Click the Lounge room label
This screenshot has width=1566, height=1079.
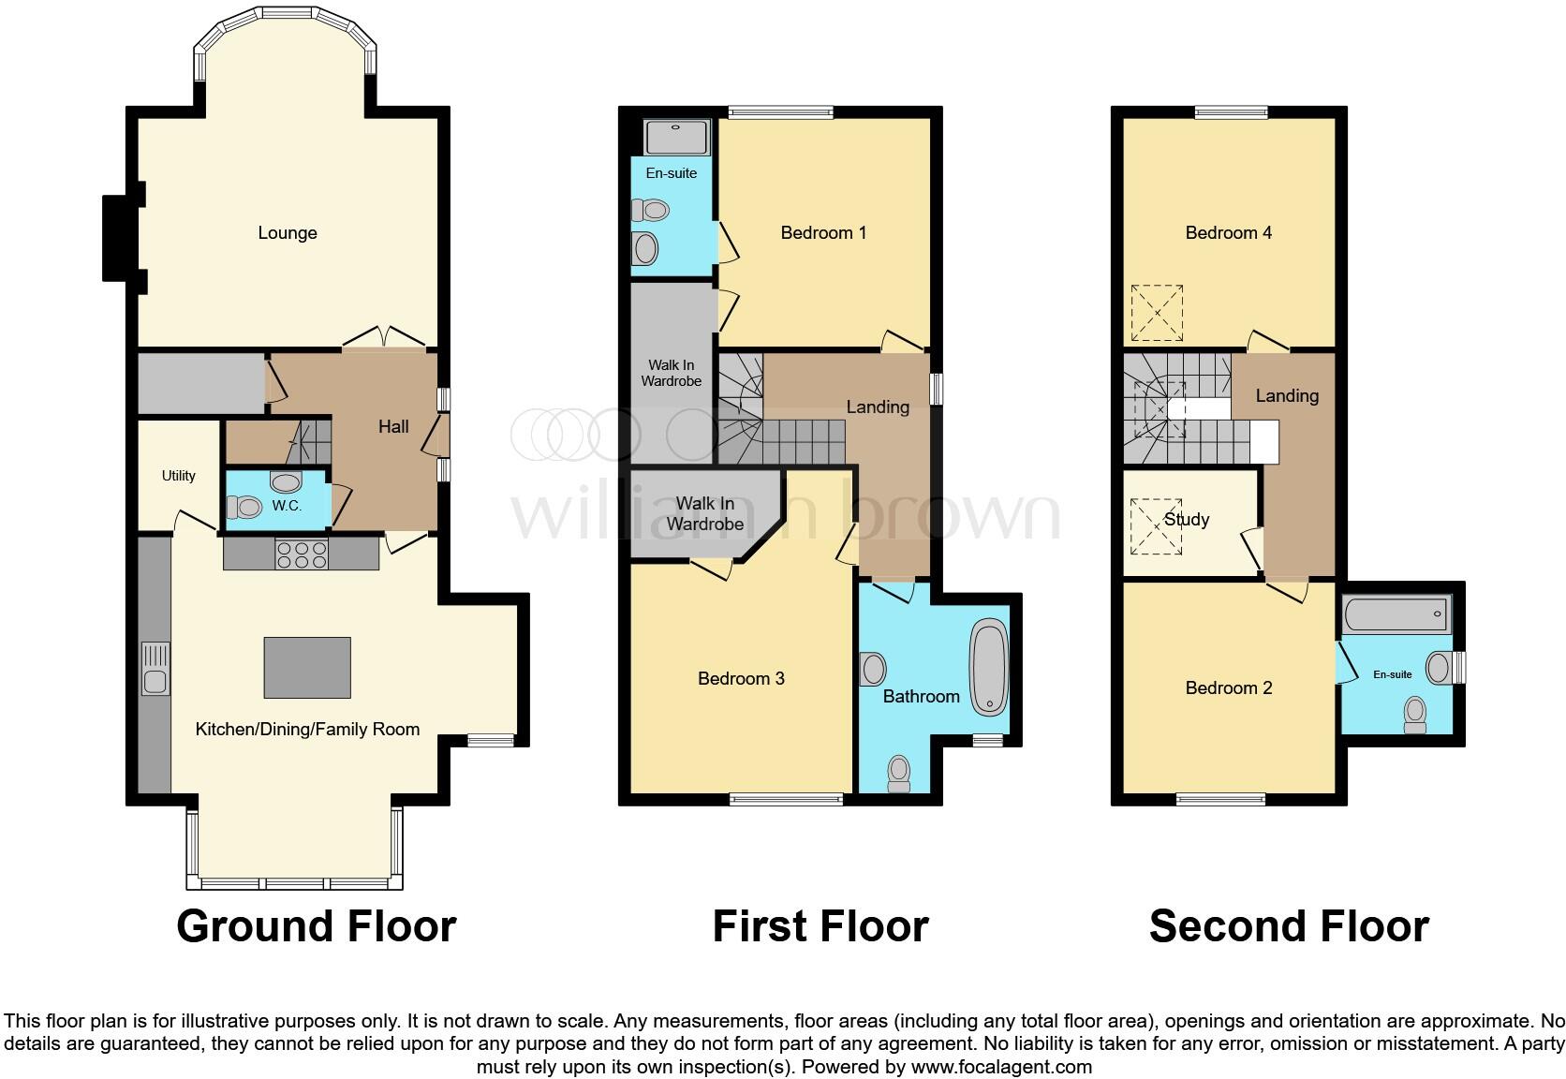pyautogui.click(x=288, y=233)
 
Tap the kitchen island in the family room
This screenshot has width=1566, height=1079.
pyautogui.click(x=307, y=668)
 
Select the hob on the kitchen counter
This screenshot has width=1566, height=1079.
pyautogui.click(x=302, y=554)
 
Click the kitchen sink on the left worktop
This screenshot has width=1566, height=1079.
pyautogui.click(x=155, y=669)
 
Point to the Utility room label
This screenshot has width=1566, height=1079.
pyautogui.click(x=178, y=476)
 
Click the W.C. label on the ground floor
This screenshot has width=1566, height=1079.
pyautogui.click(x=287, y=506)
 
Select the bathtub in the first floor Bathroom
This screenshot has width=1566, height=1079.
pyautogui.click(x=987, y=667)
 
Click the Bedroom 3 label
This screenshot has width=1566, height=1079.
pyautogui.click(x=741, y=678)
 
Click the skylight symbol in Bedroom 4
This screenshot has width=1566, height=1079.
pyautogui.click(x=1157, y=313)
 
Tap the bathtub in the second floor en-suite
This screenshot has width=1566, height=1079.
pyautogui.click(x=1396, y=615)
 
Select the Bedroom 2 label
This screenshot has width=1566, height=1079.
pyautogui.click(x=1228, y=688)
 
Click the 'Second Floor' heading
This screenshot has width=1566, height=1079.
pyautogui.click(x=1288, y=926)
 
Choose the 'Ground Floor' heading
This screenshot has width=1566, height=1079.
pyautogui.click(x=316, y=926)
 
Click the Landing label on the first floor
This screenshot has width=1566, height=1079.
pyautogui.click(x=877, y=406)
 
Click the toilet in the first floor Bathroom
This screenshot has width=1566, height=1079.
pyautogui.click(x=898, y=774)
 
